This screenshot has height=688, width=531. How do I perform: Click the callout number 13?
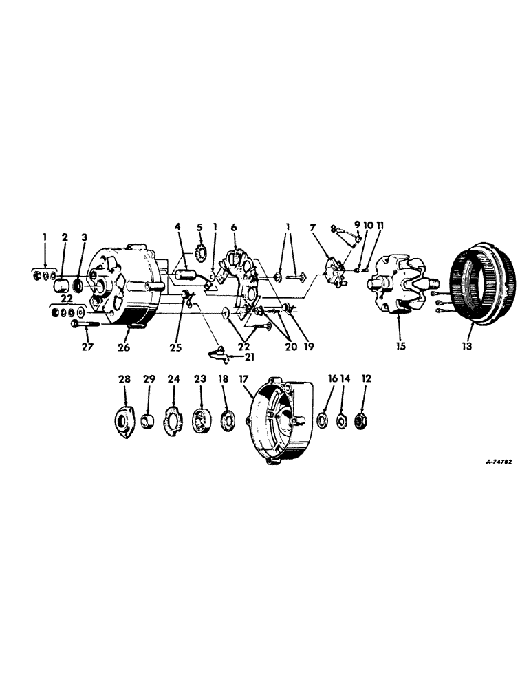click(466, 347)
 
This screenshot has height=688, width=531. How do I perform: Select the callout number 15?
click(400, 347)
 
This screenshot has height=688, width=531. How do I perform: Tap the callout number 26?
click(123, 347)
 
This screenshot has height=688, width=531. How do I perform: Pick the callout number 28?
click(125, 378)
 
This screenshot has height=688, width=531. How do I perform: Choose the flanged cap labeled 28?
click(124, 420)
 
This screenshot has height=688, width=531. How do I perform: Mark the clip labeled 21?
click(217, 354)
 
